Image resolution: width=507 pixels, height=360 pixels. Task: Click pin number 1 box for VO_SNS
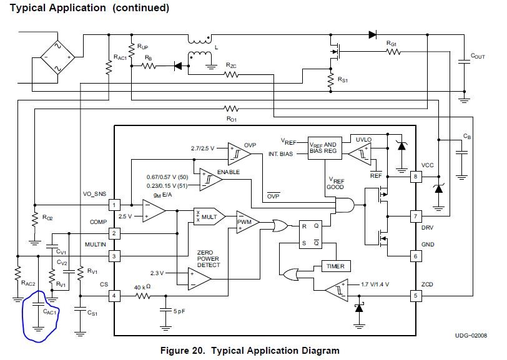(x=114, y=205)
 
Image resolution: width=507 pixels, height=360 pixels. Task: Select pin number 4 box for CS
(x=114, y=295)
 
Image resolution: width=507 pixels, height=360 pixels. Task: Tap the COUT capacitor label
(x=478, y=56)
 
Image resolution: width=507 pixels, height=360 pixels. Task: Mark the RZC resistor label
(x=231, y=66)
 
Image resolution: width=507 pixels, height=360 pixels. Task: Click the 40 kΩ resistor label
(x=142, y=287)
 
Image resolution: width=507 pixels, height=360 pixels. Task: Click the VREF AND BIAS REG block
(x=325, y=148)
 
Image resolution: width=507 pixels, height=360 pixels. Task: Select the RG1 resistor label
(x=391, y=43)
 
